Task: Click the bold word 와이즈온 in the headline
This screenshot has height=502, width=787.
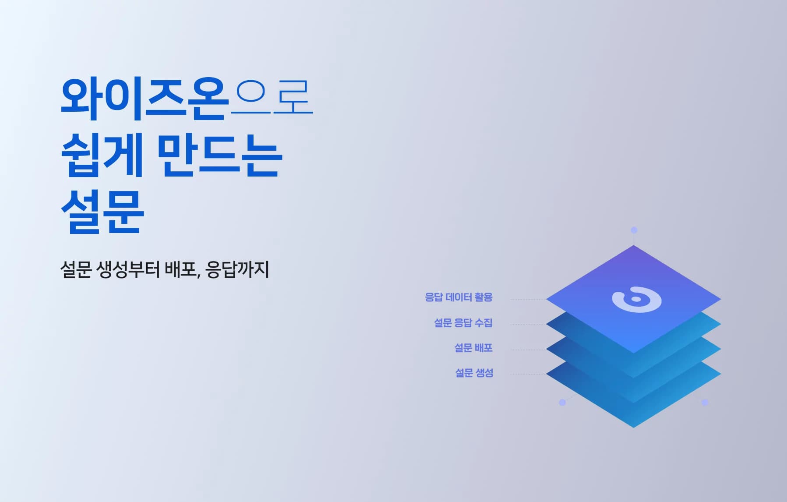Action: (x=145, y=99)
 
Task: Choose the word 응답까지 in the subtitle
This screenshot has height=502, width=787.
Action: (x=237, y=269)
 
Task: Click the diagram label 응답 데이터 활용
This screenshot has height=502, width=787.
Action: (x=459, y=297)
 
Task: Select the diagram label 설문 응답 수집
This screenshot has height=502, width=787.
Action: (x=463, y=323)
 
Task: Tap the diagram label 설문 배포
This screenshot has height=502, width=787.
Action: (x=473, y=348)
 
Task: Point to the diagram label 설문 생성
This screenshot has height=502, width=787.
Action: (x=474, y=373)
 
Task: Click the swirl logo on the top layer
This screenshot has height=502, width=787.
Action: (x=636, y=300)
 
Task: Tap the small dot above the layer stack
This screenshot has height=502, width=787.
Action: (x=634, y=230)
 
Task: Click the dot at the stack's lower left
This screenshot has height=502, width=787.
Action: (x=562, y=402)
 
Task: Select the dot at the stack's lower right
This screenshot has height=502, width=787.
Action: (x=705, y=402)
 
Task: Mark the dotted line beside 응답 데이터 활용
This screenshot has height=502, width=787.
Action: (x=528, y=300)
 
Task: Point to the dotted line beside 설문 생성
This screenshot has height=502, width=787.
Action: (x=528, y=375)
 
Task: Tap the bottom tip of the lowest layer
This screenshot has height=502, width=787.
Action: (x=634, y=426)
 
